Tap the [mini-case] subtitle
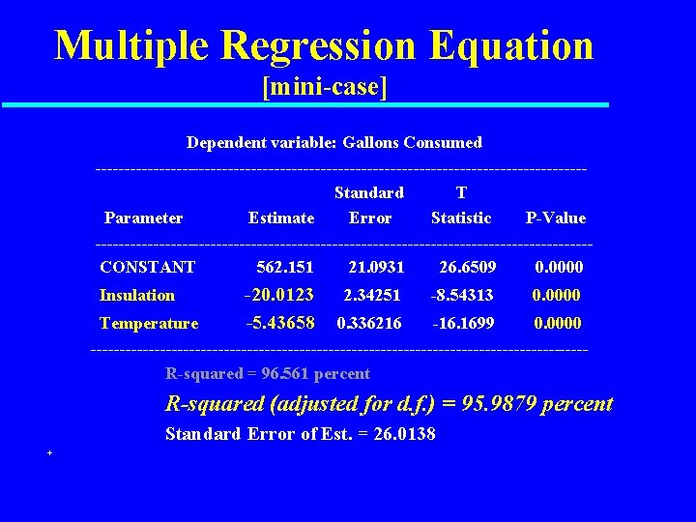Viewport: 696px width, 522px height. pyautogui.click(x=325, y=88)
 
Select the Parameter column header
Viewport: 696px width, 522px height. pyautogui.click(x=143, y=217)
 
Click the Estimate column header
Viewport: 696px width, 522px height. pyautogui.click(x=280, y=217)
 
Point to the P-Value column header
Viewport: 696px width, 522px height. pyautogui.click(x=555, y=217)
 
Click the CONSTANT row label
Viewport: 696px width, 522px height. pyautogui.click(x=147, y=267)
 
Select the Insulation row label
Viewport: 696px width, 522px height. pyautogui.click(x=137, y=295)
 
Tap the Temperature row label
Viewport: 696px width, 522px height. pyautogui.click(x=149, y=323)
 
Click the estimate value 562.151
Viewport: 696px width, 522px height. pyautogui.click(x=285, y=267)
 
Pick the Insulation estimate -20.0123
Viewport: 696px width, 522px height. pyautogui.click(x=279, y=295)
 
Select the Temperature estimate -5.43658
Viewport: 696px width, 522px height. pyautogui.click(x=279, y=323)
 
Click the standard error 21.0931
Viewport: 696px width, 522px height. pyautogui.click(x=376, y=267)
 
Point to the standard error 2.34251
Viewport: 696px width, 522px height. pyautogui.click(x=372, y=295)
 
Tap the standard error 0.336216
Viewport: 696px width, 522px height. pyautogui.click(x=368, y=323)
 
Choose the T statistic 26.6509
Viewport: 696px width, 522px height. pyautogui.click(x=468, y=267)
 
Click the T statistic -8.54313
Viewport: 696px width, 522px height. pyautogui.click(x=462, y=295)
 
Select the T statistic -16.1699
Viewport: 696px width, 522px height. pyautogui.click(x=462, y=323)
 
